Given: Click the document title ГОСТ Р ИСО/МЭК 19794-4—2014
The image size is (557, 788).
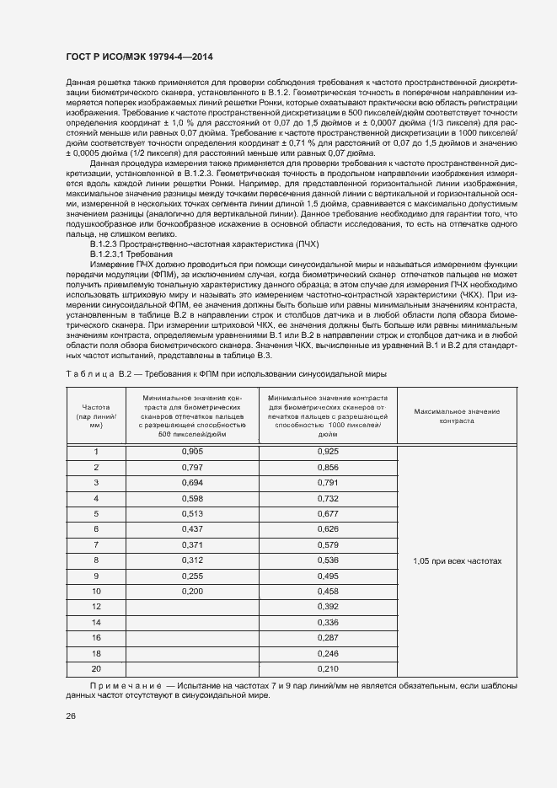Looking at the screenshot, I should pos(139,56).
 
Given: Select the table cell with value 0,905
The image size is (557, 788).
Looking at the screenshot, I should pos(193,453).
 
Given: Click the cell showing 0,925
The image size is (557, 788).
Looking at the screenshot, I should pos(328,453).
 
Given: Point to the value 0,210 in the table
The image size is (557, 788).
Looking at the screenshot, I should pos(328,668).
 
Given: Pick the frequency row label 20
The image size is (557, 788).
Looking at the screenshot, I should pos(96,668).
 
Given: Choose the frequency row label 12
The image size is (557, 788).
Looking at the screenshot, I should pos(96,607).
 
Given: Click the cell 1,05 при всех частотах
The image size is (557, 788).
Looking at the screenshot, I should pos(458,560).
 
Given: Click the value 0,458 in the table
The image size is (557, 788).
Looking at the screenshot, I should pos(328,592).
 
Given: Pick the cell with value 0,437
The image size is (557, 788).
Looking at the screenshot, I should pos(193,529).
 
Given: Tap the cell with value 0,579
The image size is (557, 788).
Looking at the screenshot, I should pos(328,545).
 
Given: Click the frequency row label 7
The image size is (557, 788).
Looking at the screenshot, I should pos(96,545).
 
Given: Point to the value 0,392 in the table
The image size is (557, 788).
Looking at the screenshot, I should pos(328,607).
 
